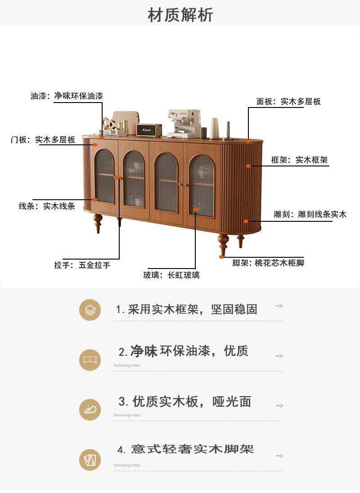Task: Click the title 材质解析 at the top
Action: pos(180,15)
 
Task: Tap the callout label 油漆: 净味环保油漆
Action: pos(67,96)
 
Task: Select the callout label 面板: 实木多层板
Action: pos(288,102)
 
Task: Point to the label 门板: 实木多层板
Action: pos(43,140)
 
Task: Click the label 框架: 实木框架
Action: pos(299,160)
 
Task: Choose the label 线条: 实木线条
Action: pos(47,206)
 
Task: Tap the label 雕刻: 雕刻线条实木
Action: pos(310,215)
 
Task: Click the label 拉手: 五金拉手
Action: pos(82,265)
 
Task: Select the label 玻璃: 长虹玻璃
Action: pos(171,275)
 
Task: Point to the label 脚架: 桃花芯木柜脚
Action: pos(268,263)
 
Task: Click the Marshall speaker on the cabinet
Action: pos(149,130)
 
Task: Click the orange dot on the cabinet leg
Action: pos(222,257)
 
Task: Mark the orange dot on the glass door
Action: pos(195,209)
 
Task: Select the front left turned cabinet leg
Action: pos(97,223)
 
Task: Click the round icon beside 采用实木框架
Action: pos(90,309)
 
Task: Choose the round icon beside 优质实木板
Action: pos(90,409)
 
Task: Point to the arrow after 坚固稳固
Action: pos(279,306)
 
